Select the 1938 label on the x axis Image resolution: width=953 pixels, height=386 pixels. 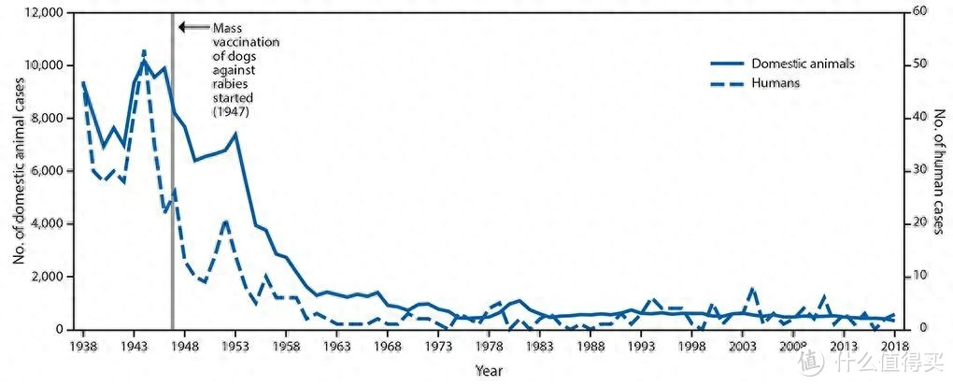pos(82,344)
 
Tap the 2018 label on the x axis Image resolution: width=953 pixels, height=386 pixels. pos(895,344)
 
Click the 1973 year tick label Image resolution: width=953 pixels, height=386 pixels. pos(438,344)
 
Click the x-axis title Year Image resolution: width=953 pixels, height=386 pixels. pos(488,370)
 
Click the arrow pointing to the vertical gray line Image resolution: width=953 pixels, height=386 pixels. pos(192,27)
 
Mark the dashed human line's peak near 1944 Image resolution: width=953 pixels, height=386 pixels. pos(144,50)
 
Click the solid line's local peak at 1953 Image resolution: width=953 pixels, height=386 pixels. pos(235,134)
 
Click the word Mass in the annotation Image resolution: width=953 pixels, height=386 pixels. pos(228,28)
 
